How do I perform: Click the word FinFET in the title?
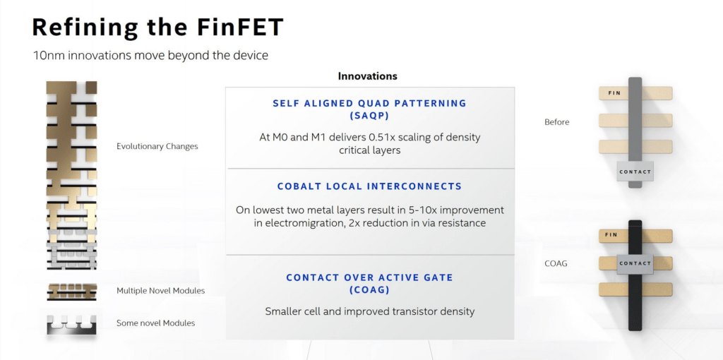239,28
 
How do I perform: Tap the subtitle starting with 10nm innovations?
150,56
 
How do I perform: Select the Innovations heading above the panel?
367,76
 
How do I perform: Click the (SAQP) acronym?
369,116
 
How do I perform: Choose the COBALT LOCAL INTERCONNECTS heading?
369,186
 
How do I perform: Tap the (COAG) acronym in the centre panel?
369,290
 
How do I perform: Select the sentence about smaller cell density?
369,311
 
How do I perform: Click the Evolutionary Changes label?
157,147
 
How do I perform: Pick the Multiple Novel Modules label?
160,291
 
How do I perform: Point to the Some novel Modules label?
155,323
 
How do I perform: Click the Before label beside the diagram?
557,122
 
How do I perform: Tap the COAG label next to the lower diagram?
556,264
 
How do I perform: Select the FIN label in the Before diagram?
614,93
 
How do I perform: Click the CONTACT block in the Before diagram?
635,172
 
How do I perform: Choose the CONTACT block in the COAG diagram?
635,264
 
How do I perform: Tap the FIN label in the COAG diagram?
611,235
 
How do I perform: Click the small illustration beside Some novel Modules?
71,324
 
